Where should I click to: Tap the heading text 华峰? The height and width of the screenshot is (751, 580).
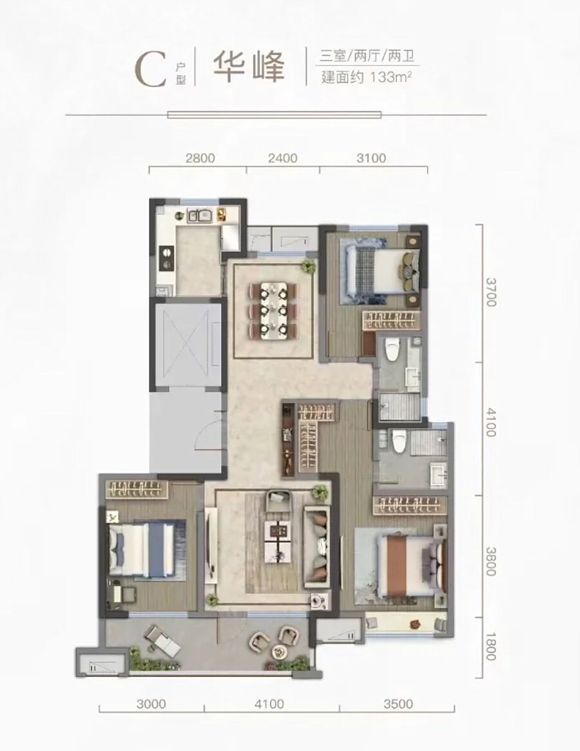(249, 67)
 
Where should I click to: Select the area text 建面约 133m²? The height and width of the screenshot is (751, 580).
(367, 77)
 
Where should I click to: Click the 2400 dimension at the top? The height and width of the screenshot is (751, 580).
(283, 158)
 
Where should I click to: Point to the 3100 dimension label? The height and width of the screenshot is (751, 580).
(371, 158)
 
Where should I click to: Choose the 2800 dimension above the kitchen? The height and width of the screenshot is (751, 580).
(201, 158)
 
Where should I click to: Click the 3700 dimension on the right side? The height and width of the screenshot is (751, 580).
(491, 292)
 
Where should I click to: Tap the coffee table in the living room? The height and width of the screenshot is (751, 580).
(279, 542)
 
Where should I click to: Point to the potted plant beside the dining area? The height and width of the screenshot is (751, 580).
(307, 266)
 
